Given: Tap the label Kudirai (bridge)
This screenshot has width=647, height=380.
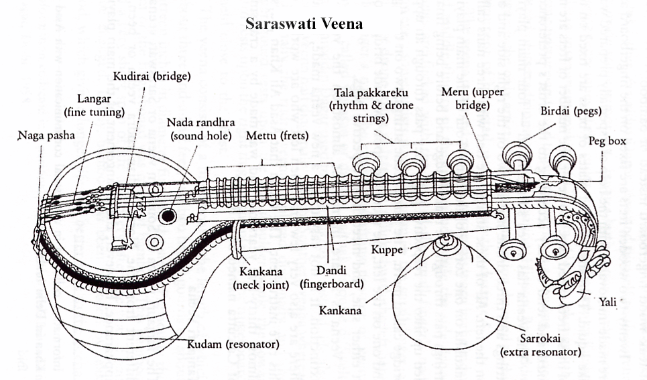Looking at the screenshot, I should click(x=152, y=77).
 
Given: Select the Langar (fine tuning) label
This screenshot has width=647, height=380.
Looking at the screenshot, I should click(x=86, y=106).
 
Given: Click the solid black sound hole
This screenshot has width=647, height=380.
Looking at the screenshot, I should click(x=168, y=216).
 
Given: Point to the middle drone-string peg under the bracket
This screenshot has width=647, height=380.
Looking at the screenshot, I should click(x=411, y=162).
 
